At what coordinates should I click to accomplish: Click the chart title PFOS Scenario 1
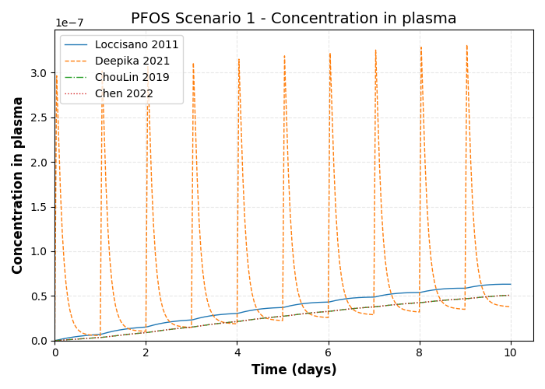coord(294,19)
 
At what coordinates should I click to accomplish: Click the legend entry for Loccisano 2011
coord(136,45)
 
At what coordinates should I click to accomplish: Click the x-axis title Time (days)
coord(294,370)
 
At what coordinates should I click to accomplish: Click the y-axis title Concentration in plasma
coord(18,185)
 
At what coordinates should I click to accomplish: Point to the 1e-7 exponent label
coord(69,23)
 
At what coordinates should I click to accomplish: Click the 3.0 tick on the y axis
coord(38,73)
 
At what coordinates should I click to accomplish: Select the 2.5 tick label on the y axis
coord(38,117)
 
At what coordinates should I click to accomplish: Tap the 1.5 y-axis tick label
coord(38,207)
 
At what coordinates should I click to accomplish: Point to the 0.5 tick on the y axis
coord(38,296)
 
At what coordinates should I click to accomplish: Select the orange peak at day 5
coord(284,55)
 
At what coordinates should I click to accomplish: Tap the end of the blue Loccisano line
coord(511,284)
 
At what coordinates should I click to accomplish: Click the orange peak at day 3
coord(193,64)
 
